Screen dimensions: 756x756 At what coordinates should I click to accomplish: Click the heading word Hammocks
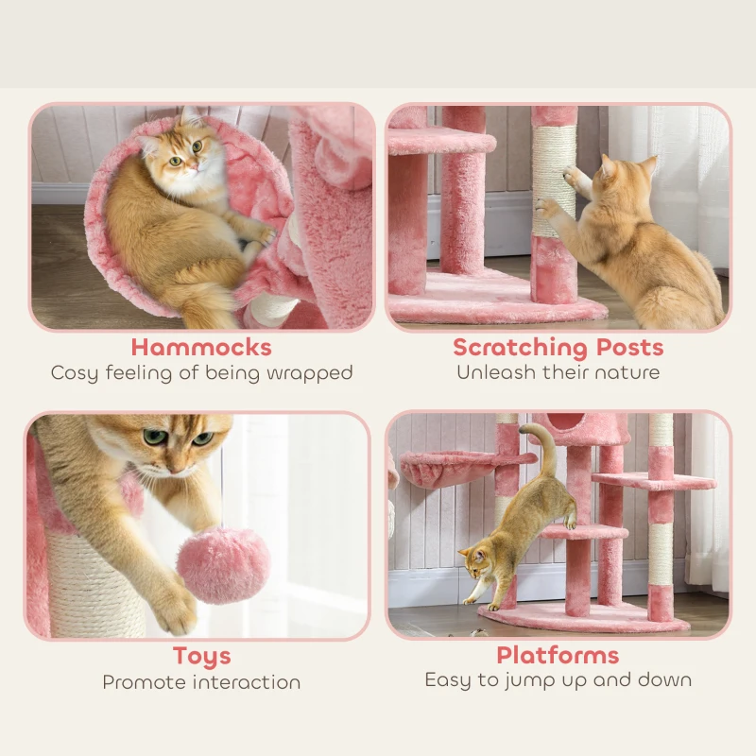pos(201,347)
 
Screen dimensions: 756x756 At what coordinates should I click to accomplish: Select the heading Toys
pos(201,656)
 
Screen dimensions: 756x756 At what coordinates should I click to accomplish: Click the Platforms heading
pos(558,655)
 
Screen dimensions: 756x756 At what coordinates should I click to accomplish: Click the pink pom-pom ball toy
pos(223,566)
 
